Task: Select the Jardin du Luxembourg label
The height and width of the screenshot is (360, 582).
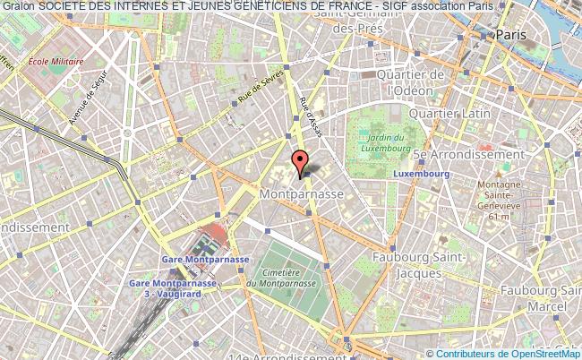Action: [x=387, y=143]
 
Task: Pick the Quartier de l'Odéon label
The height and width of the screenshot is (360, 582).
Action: [x=411, y=81]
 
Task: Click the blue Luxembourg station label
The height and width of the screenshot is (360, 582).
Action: [x=420, y=173]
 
